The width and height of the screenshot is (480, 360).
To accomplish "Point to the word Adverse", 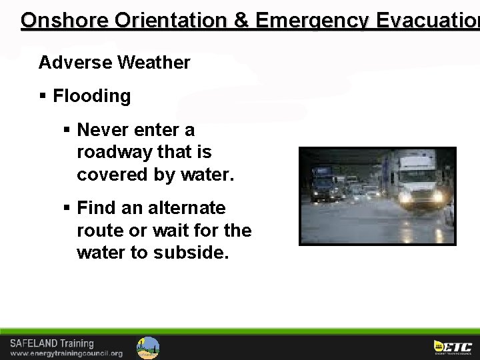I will (x=75, y=63).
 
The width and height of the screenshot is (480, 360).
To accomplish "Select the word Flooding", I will (x=92, y=96).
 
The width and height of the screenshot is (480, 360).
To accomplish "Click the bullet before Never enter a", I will (x=67, y=130).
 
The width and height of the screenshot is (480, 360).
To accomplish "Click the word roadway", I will (x=115, y=152).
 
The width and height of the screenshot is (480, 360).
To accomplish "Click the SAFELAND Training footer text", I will (x=52, y=343).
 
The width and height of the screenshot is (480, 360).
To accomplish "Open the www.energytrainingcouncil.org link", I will (x=66, y=353).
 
